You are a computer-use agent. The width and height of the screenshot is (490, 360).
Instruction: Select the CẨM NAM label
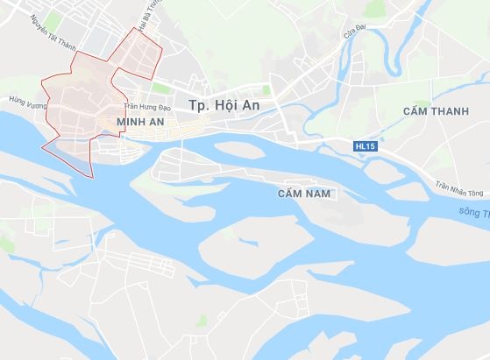pos(303,192)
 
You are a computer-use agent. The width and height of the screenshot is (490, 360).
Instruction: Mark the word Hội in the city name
pos(232,104)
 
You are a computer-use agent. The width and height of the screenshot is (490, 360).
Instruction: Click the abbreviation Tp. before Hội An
pos(198,105)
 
